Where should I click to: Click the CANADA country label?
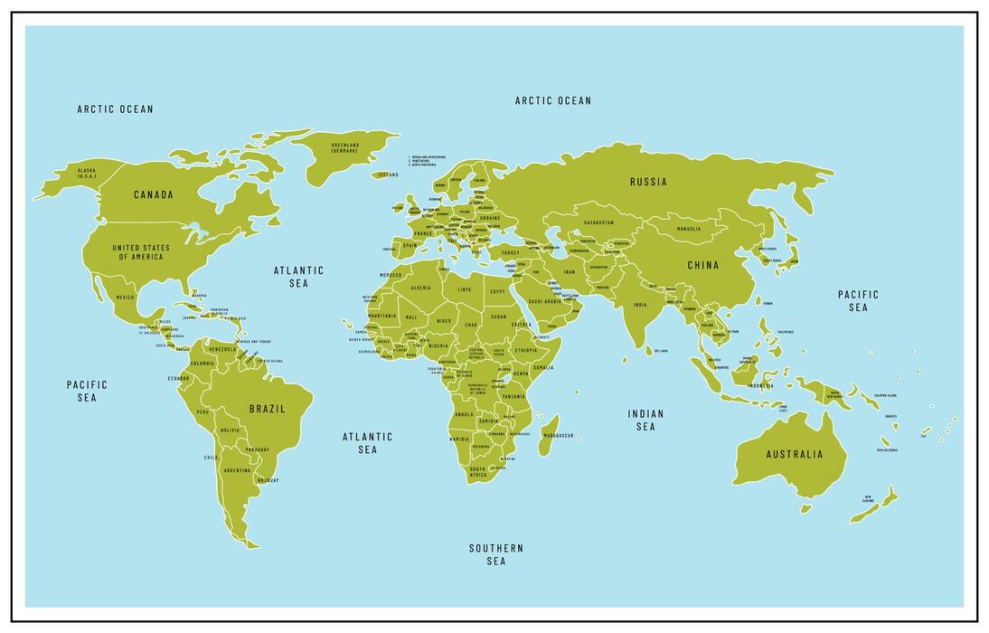[154, 194]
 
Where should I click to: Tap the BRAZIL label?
[267, 409]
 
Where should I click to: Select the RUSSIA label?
[648, 182]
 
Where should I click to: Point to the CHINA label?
[702, 265]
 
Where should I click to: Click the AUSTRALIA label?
[795, 454]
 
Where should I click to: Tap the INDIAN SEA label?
[645, 420]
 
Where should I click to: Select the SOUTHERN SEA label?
[495, 554]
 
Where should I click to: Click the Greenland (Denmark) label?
[344, 147]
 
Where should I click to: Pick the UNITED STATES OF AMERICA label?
[140, 252]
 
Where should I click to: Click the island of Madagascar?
[549, 435]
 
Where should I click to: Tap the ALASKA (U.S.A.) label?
[86, 173]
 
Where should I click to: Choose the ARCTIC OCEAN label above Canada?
[115, 109]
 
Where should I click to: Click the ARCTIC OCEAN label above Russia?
[552, 100]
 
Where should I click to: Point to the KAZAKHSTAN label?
[598, 222]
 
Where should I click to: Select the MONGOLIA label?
[688, 229]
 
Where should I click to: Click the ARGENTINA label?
[237, 470]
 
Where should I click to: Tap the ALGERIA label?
[420, 288]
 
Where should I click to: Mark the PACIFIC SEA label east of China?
[857, 300]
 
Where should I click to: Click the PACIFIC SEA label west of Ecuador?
[87, 391]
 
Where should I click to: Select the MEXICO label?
[125, 298]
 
